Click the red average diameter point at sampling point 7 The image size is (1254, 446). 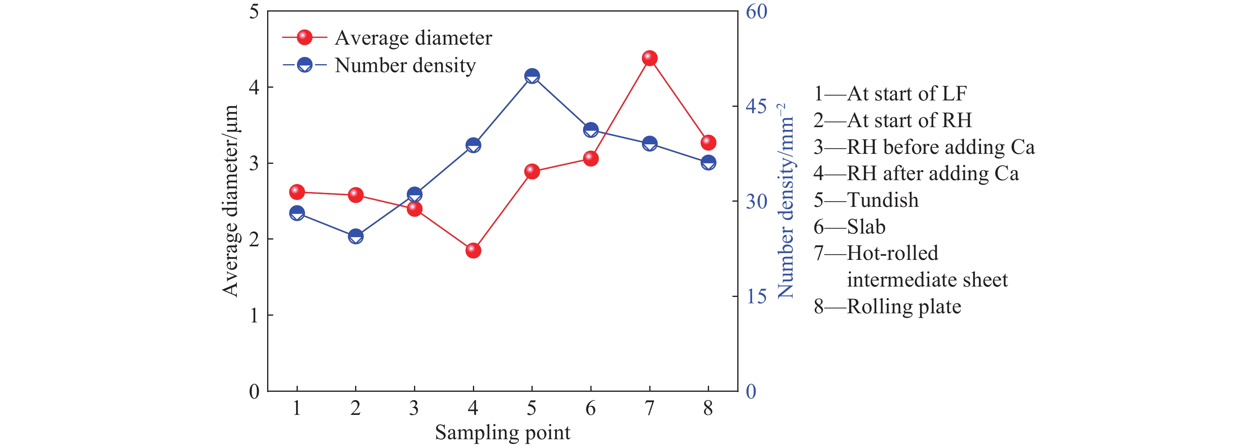pyautogui.click(x=649, y=59)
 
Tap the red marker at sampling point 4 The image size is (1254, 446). pyautogui.click(x=473, y=251)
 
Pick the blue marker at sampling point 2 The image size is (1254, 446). pyautogui.click(x=355, y=236)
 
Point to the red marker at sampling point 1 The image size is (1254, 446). pyautogui.click(x=297, y=192)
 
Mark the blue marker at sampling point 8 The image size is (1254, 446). pyautogui.click(x=708, y=163)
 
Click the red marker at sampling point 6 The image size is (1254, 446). pyautogui.click(x=590, y=158)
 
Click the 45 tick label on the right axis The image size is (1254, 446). pyautogui.click(x=756, y=106)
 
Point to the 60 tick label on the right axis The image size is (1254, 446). pyautogui.click(x=756, y=12)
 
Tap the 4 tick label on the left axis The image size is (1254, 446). pyautogui.click(x=254, y=88)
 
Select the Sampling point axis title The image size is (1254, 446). pyautogui.click(x=502, y=432)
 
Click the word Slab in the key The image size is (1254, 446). pyautogui.click(x=866, y=227)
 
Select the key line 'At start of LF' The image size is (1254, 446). pyautogui.click(x=890, y=94)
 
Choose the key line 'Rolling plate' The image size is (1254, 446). pyautogui.click(x=887, y=307)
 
